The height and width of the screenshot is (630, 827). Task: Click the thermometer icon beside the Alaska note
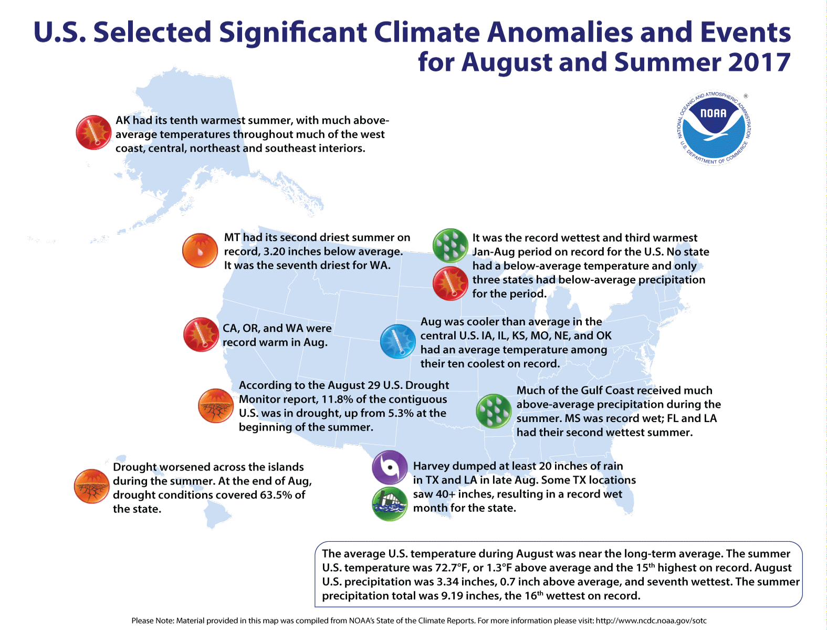93,133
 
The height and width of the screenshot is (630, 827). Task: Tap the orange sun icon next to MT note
200,250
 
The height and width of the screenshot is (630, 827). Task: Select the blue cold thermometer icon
397,342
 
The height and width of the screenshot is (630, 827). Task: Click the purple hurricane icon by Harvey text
390,467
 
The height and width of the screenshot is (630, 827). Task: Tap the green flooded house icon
390,504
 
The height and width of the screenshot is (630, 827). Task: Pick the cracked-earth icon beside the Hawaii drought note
91,487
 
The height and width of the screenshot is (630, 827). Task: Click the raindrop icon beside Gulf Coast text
493,411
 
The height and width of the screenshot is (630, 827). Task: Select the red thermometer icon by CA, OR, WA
201,334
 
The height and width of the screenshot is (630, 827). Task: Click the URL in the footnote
651,621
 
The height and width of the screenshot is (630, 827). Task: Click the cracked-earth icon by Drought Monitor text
215,406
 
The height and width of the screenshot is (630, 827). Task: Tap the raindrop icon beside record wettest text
450,246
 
